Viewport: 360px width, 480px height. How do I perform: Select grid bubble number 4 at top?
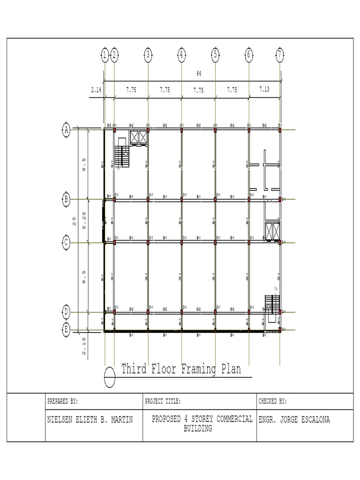tap(181, 55)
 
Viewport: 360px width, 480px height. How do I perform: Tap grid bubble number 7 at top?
tap(280, 55)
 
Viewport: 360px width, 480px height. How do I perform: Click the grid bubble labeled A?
tap(67, 130)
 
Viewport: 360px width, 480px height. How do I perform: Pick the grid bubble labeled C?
tap(67, 242)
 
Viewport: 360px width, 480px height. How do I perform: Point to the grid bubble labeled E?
tap(67, 330)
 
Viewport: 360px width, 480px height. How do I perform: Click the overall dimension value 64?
tap(199, 74)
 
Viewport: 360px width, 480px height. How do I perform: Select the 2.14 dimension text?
tap(96, 90)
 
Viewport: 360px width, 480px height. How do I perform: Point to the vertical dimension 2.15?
tap(83, 345)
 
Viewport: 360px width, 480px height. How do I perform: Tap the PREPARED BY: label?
tap(62, 402)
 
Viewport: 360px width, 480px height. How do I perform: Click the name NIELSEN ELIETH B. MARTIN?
tap(90, 420)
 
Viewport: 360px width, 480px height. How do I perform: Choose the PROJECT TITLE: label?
tap(163, 402)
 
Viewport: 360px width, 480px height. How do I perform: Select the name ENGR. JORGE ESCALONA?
tap(294, 420)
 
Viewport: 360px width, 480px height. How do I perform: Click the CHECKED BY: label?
tap(273, 402)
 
